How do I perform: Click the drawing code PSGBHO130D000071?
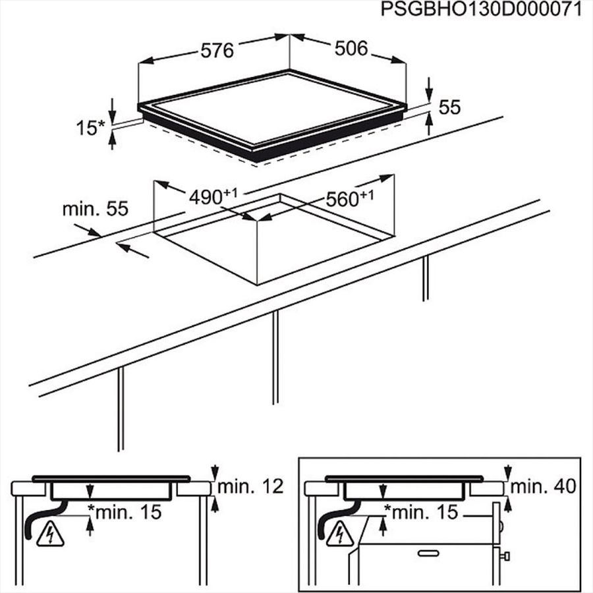[x=481, y=9]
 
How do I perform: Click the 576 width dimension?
[x=217, y=51]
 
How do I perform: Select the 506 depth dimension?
[x=351, y=48]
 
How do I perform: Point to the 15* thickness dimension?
[x=90, y=128]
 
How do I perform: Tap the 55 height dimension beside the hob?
[x=449, y=107]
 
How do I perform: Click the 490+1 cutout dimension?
[x=213, y=196]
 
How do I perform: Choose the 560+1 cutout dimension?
[x=350, y=198]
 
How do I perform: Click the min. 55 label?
[x=96, y=209]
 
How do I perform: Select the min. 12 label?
[x=250, y=486]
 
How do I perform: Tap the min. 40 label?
[x=543, y=486]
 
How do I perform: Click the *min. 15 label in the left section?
[x=125, y=512]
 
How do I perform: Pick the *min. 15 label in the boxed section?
[x=421, y=512]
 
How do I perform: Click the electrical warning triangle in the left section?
[x=50, y=535]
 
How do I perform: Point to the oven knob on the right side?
[x=505, y=556]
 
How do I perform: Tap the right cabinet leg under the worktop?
[x=426, y=278]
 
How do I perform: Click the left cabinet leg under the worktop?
[x=121, y=409]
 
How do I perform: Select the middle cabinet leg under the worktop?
[x=275, y=357]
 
